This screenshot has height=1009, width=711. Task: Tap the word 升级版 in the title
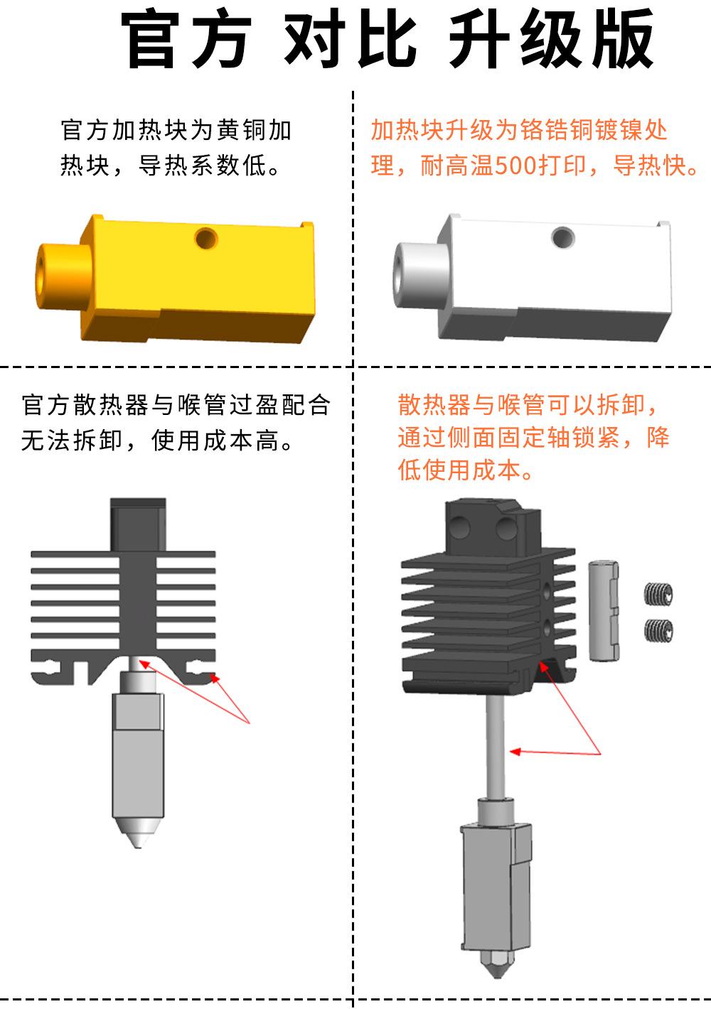[x=550, y=40]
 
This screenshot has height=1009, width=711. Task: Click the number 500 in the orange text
[x=516, y=166]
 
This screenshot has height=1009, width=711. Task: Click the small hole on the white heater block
[x=562, y=237]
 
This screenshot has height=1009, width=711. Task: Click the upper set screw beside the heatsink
[x=658, y=594]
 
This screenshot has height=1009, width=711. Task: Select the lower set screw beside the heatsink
[x=658, y=629]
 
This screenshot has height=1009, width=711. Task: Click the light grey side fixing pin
[x=604, y=610]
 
